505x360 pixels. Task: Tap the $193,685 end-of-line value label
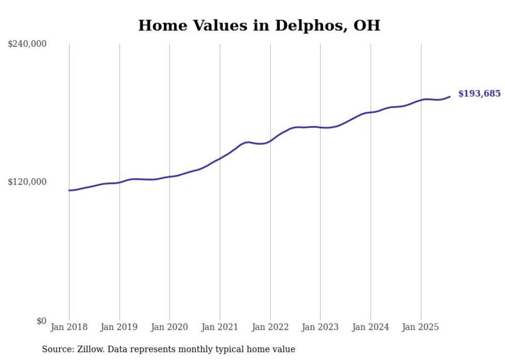479,94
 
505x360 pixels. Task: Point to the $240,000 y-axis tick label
27,44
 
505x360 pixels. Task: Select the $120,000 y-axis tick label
27,182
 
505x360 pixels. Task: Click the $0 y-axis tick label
41,321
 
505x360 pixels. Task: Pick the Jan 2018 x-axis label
69,327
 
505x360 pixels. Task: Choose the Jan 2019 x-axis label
120,327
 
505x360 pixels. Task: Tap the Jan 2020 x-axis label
170,327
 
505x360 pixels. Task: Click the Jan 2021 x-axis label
220,327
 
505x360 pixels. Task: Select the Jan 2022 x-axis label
270,327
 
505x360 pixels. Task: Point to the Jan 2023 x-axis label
320,327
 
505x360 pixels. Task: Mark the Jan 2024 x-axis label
371,327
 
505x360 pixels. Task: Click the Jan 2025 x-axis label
421,327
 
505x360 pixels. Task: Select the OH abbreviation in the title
367,25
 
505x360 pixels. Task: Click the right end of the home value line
450,96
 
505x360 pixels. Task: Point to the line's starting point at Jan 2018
69,191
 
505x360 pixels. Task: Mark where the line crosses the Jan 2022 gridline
270,141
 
